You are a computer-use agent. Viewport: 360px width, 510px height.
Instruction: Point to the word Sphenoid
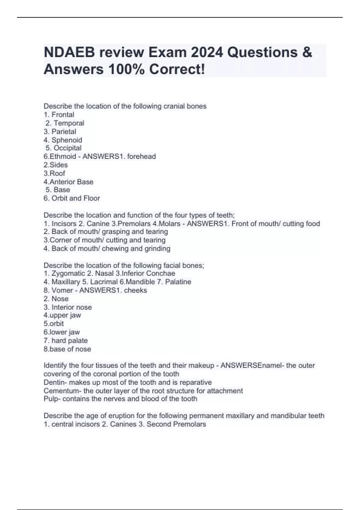pos(67,140)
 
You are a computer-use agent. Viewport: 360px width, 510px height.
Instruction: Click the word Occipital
pos(67,148)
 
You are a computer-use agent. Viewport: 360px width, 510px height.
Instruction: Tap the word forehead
pos(141,156)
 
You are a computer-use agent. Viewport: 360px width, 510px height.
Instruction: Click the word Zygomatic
pos(68,273)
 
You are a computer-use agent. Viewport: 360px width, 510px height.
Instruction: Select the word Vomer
pos(62,290)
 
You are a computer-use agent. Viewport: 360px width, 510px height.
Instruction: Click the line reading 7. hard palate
pos(66,340)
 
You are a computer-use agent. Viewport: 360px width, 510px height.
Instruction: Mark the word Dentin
pos(54,382)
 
